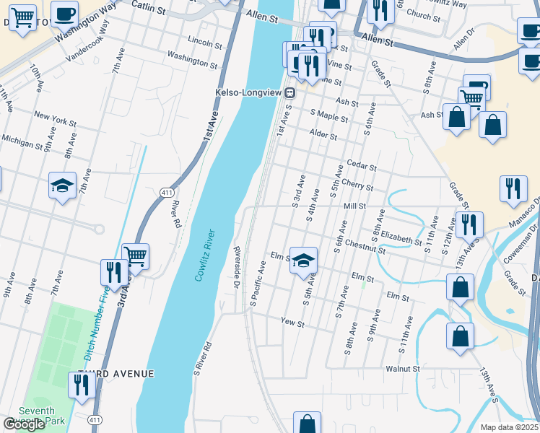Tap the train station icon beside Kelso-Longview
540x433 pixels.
(x=289, y=92)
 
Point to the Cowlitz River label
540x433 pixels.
(x=204, y=255)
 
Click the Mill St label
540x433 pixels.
(x=355, y=206)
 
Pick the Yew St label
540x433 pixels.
(x=293, y=324)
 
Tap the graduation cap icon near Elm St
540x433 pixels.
(x=304, y=261)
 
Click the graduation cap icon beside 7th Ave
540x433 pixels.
(x=63, y=185)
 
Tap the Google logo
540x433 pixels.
(x=23, y=424)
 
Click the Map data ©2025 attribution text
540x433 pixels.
(x=509, y=427)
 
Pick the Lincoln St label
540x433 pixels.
(x=204, y=42)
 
